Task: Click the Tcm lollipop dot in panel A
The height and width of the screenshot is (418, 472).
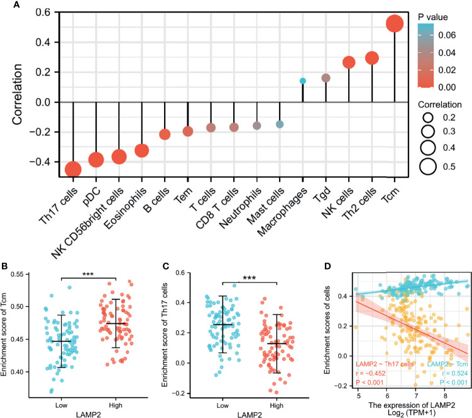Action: pos(395,25)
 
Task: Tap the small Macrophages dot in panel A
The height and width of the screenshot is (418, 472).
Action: pos(303,81)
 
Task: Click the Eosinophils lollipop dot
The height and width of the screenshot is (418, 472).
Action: pos(142,151)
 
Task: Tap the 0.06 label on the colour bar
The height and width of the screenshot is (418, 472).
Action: pos(447,36)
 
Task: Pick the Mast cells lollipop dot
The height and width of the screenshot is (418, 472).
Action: pos(280,124)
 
